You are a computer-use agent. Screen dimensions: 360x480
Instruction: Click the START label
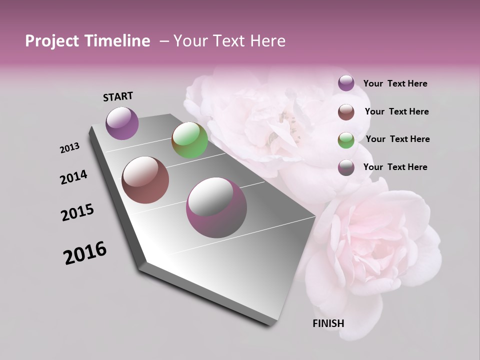[x=118, y=96]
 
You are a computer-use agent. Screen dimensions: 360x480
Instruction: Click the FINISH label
[x=328, y=323]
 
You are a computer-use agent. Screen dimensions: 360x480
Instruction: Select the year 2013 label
[x=70, y=148]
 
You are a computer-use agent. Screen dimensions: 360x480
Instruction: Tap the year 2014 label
[x=74, y=177]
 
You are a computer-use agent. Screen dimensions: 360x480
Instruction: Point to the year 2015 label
[x=77, y=212]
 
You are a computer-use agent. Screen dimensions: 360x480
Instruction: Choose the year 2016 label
[x=85, y=253]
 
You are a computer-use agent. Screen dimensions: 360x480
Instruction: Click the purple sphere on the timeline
[x=122, y=123]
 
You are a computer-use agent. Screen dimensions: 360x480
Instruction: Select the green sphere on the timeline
[x=189, y=140]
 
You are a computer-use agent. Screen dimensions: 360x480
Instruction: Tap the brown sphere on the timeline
[x=145, y=180]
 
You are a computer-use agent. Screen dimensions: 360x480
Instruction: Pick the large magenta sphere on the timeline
[x=216, y=208]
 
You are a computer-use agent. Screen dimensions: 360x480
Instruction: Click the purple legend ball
[x=346, y=83]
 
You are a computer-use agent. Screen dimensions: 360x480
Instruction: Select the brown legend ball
[x=346, y=112]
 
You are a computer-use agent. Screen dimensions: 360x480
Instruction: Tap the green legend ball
[x=346, y=140]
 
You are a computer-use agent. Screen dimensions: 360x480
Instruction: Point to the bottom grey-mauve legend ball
[x=346, y=167]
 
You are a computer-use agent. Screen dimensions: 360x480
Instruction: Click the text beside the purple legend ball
[x=395, y=83]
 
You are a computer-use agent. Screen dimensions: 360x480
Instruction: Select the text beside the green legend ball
[x=397, y=139]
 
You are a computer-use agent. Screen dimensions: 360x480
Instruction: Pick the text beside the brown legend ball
[x=396, y=111]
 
